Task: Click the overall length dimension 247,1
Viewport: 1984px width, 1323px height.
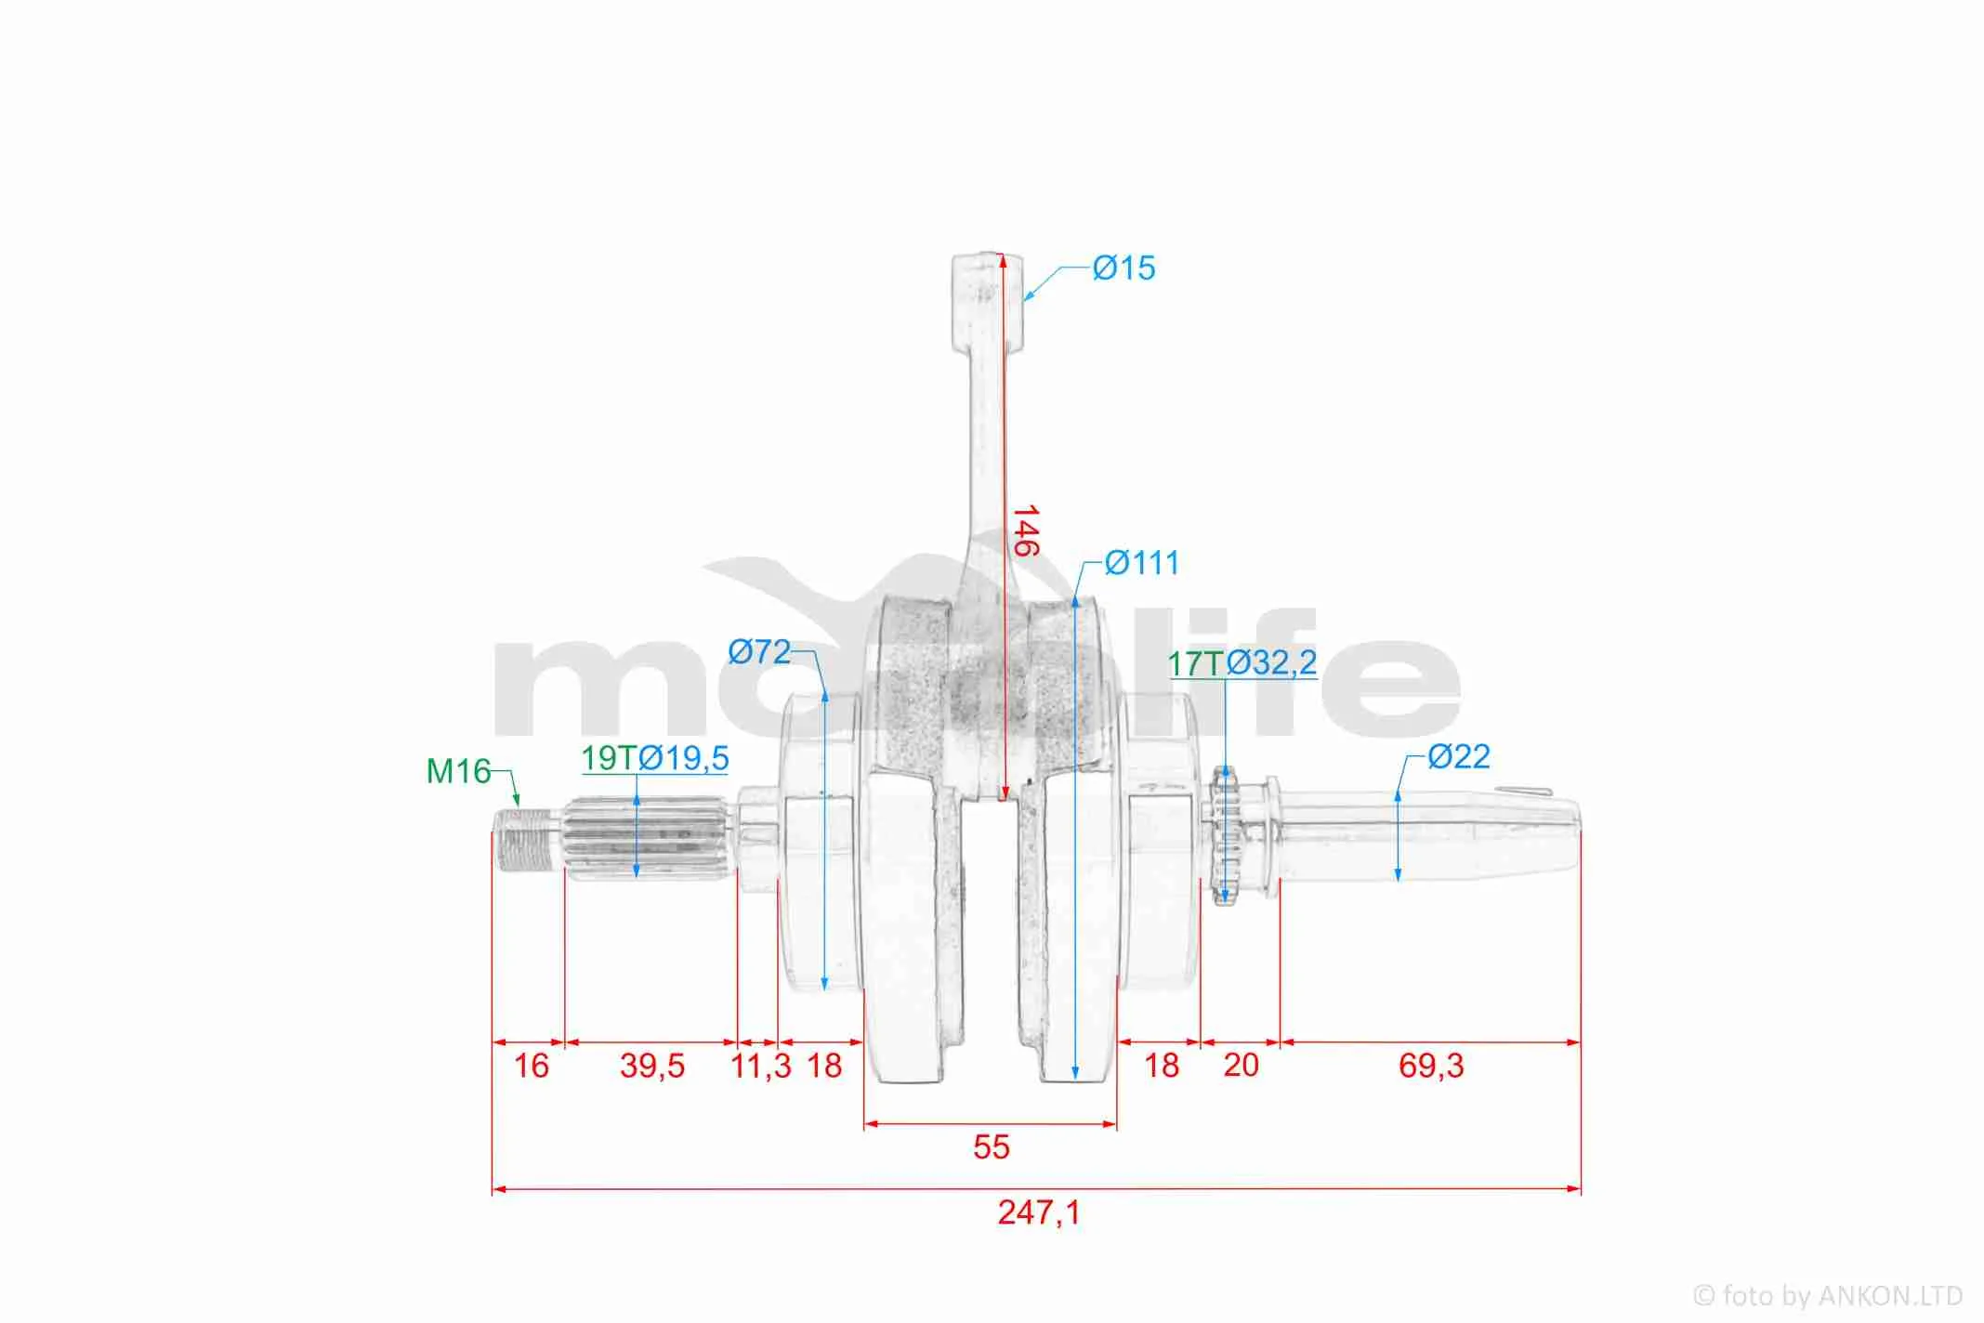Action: (x=1039, y=1212)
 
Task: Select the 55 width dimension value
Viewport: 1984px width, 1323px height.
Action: (x=991, y=1147)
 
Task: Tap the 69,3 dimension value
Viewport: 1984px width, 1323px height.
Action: (x=1431, y=1066)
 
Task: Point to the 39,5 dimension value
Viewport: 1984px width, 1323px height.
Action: (x=652, y=1066)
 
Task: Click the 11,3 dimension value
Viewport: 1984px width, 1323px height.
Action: (x=761, y=1066)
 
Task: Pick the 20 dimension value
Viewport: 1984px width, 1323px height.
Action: (x=1241, y=1065)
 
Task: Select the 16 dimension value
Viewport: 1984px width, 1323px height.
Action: (x=532, y=1066)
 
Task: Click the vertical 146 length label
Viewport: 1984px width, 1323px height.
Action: (x=1024, y=531)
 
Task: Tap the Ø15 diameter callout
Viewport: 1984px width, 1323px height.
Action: (x=1123, y=268)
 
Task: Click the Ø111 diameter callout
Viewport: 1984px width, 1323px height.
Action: (x=1142, y=563)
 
